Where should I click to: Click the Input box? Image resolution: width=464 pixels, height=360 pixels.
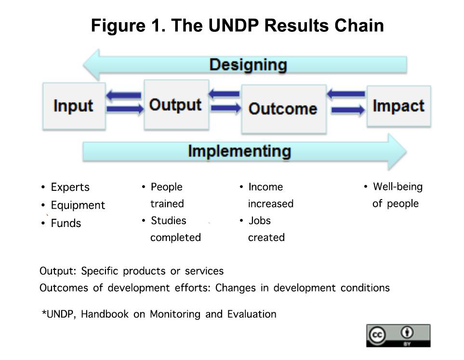coord(74,106)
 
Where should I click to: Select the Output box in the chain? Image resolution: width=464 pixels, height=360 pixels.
coord(176,105)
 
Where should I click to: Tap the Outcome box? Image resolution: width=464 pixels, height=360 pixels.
coord(284,109)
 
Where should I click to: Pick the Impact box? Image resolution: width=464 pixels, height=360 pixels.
coord(399,107)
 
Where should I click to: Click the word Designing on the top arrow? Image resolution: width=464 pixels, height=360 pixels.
coord(248,65)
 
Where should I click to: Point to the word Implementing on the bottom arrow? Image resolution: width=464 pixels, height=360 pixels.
coord(239,151)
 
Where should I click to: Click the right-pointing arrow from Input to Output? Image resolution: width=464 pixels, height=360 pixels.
coord(125,109)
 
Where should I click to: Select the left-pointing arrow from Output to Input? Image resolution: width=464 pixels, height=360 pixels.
coord(123,95)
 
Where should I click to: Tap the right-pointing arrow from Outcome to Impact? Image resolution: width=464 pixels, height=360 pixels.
coord(348,110)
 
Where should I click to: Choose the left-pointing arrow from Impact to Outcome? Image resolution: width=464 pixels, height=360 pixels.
coord(346,94)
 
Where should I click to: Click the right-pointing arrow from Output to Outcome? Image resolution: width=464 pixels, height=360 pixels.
coord(226,108)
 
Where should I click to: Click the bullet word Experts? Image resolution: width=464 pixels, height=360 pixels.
coord(70,187)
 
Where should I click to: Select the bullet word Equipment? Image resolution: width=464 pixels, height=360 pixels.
coord(78,205)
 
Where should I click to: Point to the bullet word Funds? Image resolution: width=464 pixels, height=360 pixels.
coord(66,223)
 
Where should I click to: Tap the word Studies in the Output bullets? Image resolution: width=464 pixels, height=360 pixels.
coord(168,221)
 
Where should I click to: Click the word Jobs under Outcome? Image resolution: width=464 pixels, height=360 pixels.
coord(260,221)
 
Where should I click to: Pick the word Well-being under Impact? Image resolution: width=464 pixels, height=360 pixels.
coord(398,187)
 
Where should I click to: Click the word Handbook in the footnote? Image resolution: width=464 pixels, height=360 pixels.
coord(105,314)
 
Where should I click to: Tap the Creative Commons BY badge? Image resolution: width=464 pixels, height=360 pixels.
coord(398,335)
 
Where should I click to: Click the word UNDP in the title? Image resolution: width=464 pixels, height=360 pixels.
coord(234,25)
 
